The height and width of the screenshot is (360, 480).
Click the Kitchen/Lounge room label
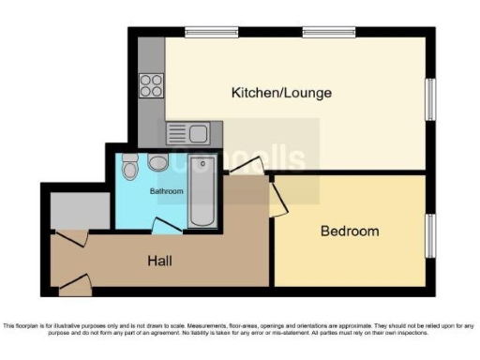click(x=282, y=93)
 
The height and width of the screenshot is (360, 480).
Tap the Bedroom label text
click(x=350, y=231)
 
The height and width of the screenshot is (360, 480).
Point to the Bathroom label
click(x=167, y=191)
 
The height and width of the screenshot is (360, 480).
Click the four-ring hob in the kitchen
click(x=151, y=84)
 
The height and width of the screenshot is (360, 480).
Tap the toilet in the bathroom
click(x=130, y=167)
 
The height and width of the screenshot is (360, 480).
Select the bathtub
click(x=202, y=192)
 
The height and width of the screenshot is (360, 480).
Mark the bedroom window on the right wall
click(x=431, y=232)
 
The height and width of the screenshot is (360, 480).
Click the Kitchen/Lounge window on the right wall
click(x=431, y=98)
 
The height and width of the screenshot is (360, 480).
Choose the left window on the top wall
click(x=210, y=33)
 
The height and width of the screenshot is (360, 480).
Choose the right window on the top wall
click(x=328, y=33)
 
